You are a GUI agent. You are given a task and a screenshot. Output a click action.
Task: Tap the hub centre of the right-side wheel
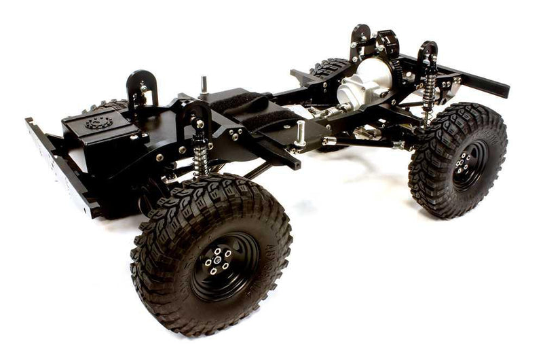click(465, 163)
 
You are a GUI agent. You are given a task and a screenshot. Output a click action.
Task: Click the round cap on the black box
click(98, 123)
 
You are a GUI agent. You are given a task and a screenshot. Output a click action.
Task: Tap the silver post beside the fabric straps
click(300, 133)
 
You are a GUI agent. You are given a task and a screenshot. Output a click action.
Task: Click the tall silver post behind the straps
click(203, 85)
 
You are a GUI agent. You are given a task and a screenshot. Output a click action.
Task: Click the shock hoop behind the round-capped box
click(141, 88)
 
